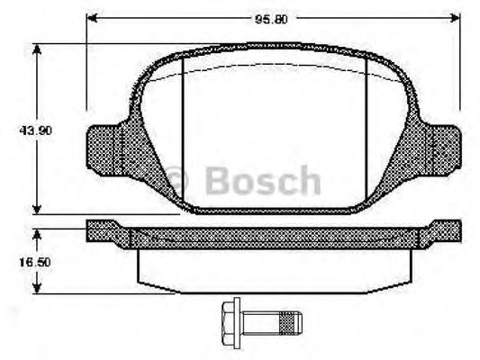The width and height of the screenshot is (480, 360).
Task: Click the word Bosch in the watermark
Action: pos(262,181)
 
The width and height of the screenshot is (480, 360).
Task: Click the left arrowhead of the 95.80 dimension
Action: pos(93,17)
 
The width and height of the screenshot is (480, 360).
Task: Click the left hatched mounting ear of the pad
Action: pos(106,149)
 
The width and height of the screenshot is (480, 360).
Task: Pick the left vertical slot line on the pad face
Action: pos(183,130)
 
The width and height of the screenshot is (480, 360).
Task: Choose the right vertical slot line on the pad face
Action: pos(367,130)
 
